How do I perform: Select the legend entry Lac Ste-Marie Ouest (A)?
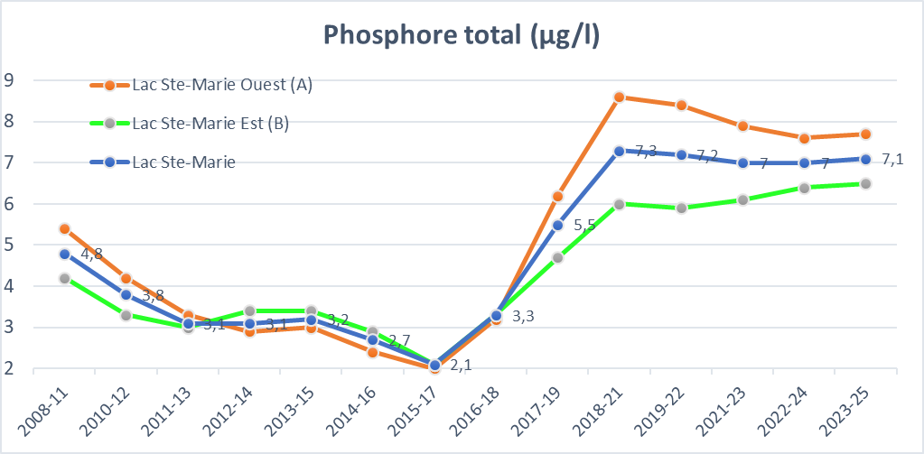click(221, 85)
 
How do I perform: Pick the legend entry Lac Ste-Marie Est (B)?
click(210, 124)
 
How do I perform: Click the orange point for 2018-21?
click(619, 97)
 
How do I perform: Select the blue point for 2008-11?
click(64, 254)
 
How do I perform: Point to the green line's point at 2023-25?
click(865, 183)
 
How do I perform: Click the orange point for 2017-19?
click(557, 196)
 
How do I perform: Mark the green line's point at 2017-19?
click(557, 257)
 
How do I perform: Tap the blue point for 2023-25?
click(865, 159)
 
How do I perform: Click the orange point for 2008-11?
click(64, 228)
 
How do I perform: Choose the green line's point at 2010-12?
click(126, 315)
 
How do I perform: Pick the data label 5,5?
click(584, 227)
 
